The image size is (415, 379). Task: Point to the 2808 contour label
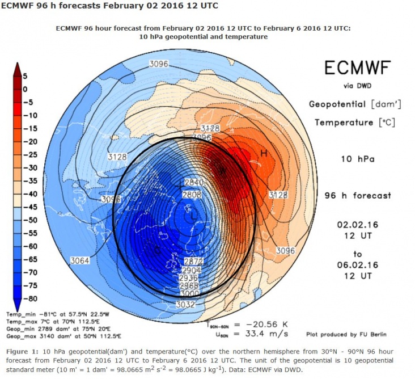point(192,195)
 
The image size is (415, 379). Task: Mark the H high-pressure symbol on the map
point(263,153)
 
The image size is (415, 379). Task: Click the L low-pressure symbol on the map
point(194,216)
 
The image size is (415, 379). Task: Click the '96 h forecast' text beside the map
point(357,195)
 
